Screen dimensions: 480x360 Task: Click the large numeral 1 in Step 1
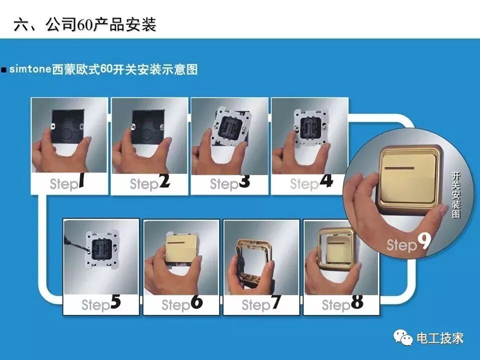point(81,180)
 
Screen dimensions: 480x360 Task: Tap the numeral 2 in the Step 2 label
point(164,180)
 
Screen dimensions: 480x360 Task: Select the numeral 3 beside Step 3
point(244,181)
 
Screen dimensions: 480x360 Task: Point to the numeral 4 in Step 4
point(326,180)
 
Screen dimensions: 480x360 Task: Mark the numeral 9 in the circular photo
point(424,241)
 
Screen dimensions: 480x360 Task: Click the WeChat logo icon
point(403,337)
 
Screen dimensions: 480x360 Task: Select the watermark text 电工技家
point(440,338)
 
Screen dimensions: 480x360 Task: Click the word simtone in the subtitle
point(30,69)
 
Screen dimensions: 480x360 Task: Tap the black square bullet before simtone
point(4,70)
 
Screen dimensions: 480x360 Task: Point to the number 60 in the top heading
point(85,25)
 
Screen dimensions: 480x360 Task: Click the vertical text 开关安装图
point(456,195)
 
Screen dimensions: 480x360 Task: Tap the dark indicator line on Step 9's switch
point(400,168)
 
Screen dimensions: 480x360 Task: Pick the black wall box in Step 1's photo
point(68,126)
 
